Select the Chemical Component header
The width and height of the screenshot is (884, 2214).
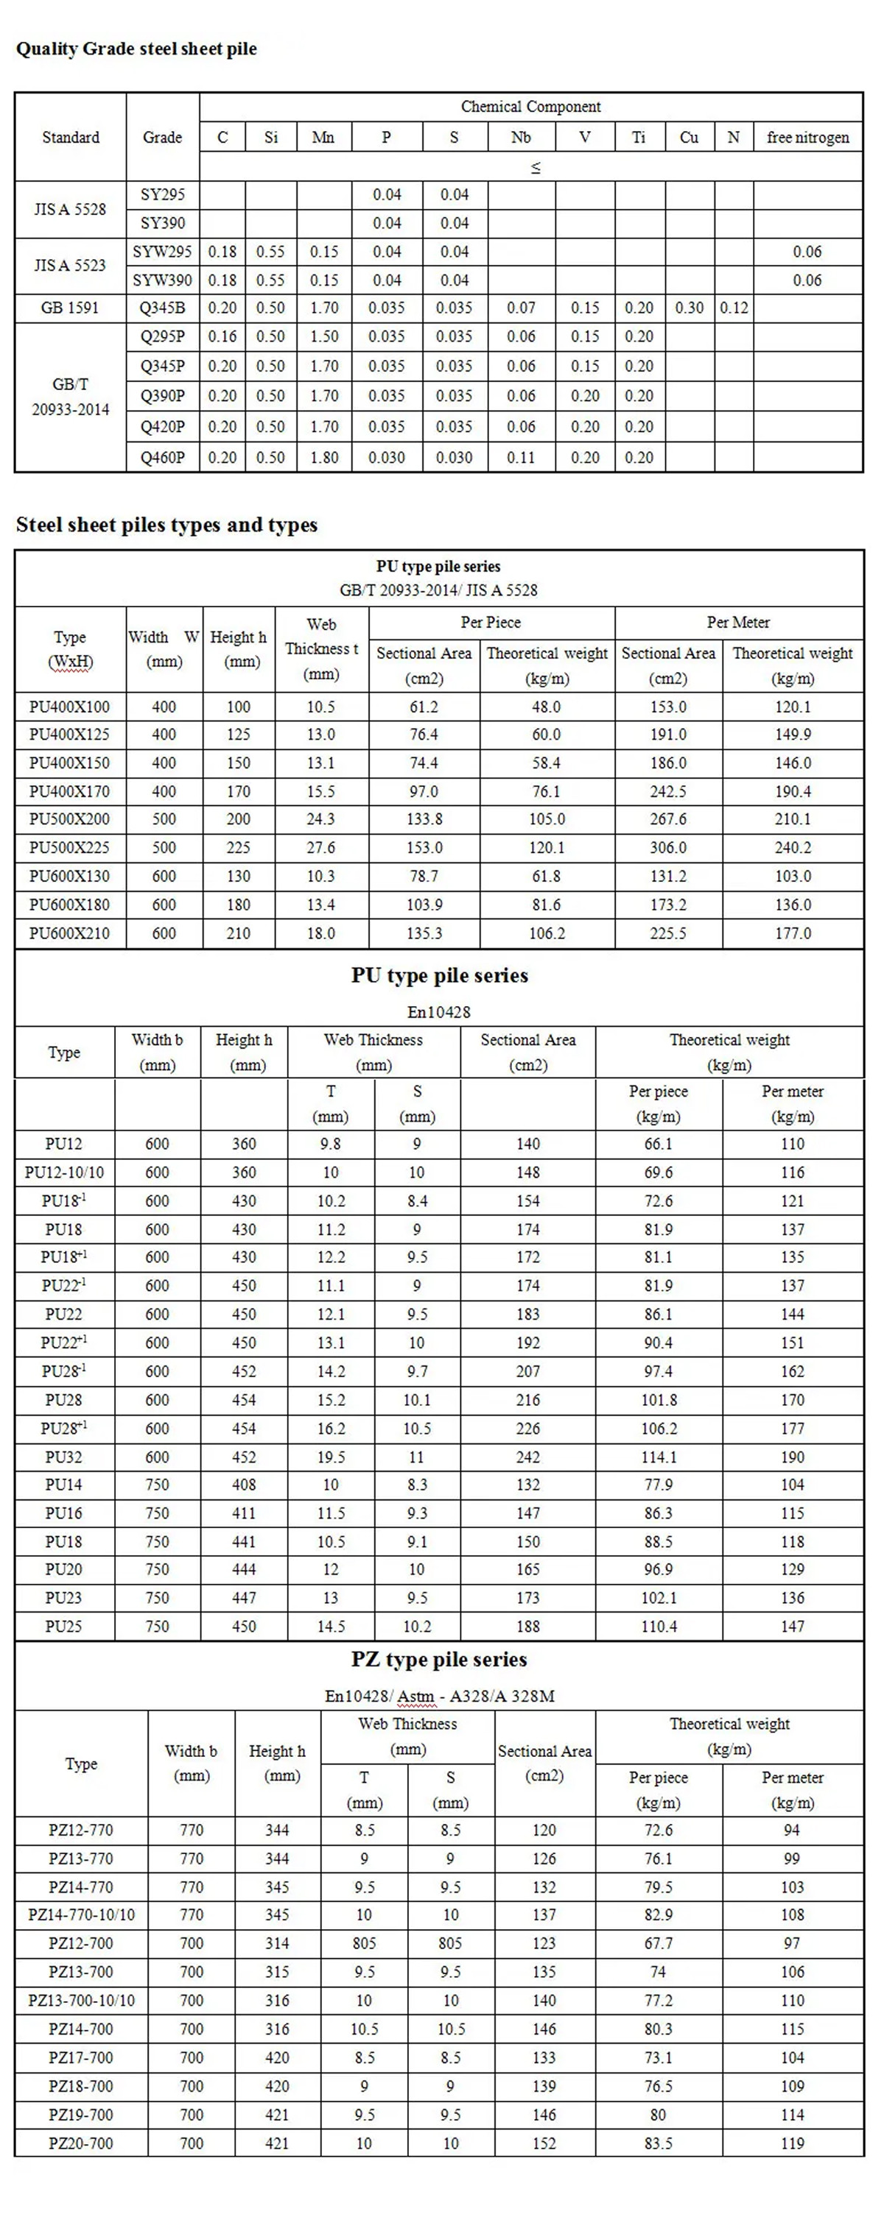click(530, 107)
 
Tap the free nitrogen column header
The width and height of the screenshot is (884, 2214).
click(807, 138)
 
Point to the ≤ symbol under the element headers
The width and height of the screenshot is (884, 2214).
click(535, 168)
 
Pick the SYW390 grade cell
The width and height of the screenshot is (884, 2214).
click(163, 280)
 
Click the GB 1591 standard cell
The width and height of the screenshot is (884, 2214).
click(71, 308)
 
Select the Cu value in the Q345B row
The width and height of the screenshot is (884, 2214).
click(689, 308)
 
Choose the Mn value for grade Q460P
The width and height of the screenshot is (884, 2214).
click(324, 457)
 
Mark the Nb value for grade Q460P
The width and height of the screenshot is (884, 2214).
click(520, 457)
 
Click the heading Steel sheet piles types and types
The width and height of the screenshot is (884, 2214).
click(166, 525)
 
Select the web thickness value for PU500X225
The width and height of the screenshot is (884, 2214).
click(320, 847)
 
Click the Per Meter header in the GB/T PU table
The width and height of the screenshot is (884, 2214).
click(738, 622)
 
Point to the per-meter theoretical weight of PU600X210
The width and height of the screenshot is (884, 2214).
click(792, 933)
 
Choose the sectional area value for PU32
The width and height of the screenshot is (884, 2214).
click(528, 1457)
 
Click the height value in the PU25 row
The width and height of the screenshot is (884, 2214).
click(245, 1626)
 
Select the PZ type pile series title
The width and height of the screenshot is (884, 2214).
click(438, 1660)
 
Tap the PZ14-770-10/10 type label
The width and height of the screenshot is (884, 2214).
click(81, 1915)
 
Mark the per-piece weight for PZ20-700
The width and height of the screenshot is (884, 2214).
click(658, 2143)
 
